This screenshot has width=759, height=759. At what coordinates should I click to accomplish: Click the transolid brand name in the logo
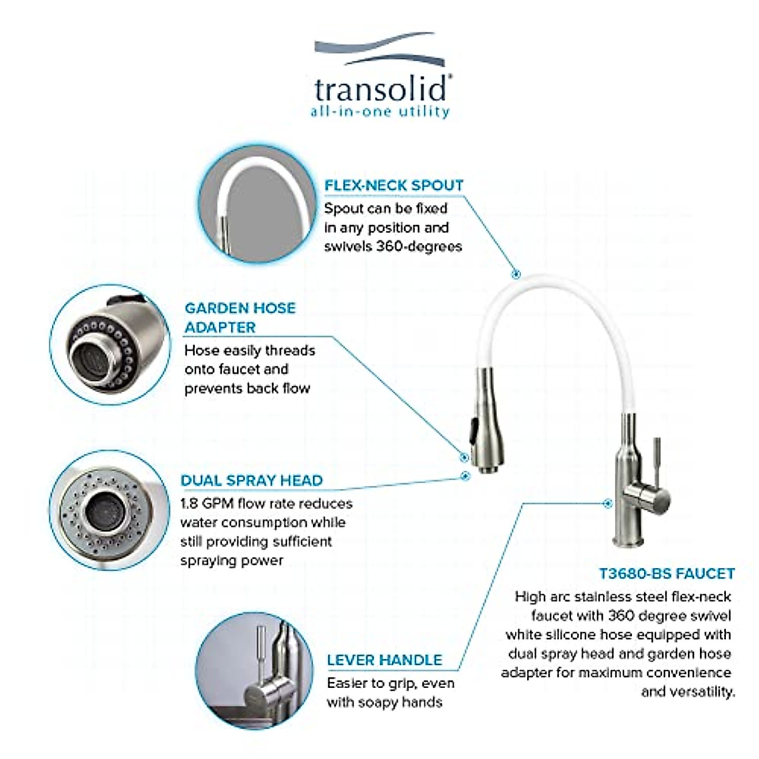click(x=381, y=89)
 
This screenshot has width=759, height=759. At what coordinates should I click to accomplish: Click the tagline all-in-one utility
click(x=379, y=112)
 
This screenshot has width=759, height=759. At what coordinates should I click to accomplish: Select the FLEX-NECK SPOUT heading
click(x=393, y=185)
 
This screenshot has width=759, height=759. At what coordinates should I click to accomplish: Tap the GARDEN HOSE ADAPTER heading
click(x=240, y=318)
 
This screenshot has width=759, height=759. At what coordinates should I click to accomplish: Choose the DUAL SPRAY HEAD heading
click(x=251, y=480)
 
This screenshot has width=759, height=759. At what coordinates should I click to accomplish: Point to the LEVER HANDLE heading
click(x=384, y=660)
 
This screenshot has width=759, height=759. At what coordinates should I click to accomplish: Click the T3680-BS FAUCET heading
click(x=667, y=574)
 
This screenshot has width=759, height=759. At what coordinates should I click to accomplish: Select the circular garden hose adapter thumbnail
click(x=109, y=345)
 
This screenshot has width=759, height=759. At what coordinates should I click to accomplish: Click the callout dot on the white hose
click(x=515, y=274)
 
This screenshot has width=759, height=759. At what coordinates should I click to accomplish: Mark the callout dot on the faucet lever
click(x=608, y=503)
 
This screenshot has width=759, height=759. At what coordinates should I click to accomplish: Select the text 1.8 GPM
click(x=207, y=503)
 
